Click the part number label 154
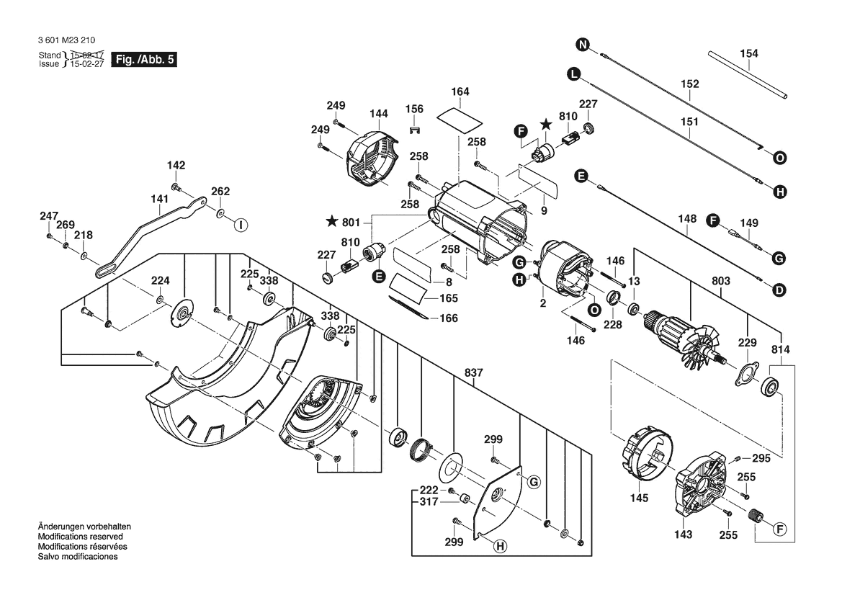point(749,53)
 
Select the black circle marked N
point(583,45)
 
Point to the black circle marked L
point(573,73)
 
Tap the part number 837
point(473,372)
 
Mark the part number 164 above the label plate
point(460,91)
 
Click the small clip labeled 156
point(414,130)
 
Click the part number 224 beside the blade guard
point(160,280)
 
